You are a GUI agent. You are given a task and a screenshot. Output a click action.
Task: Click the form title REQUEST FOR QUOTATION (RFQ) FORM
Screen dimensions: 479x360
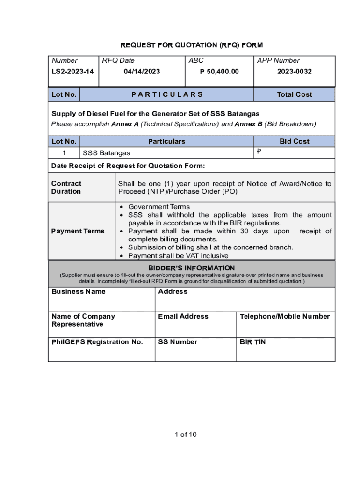pos(192,45)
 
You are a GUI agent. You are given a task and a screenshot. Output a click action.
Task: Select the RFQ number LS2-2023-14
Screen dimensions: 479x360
pos(72,72)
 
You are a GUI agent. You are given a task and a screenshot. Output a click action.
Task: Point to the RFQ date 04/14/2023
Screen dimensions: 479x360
pos(142,72)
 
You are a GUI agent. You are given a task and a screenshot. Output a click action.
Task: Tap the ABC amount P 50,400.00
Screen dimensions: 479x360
pos(219,72)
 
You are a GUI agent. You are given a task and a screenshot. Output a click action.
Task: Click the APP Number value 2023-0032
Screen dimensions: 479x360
pos(294,72)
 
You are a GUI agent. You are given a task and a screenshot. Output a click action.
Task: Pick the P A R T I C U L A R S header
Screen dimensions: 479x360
pos(167,94)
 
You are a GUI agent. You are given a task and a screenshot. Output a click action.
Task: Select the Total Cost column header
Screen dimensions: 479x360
pos(294,94)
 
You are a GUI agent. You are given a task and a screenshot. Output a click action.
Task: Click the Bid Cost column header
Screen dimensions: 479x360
pos(294,141)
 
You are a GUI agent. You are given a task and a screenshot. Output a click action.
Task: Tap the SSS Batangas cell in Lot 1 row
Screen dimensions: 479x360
pos(107,153)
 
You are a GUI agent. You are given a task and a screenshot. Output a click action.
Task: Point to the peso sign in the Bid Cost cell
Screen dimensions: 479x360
pos(259,152)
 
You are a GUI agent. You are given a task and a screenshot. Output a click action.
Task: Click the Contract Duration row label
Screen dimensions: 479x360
pos(66,188)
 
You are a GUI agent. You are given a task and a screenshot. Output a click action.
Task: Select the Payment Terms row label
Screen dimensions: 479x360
pos(78,231)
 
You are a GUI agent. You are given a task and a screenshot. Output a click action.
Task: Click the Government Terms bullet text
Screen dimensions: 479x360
pos(159,207)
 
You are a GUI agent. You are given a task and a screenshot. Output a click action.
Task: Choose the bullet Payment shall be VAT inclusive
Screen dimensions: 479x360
pos(178,256)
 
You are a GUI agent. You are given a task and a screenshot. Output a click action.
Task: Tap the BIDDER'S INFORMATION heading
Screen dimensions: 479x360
pos(191,268)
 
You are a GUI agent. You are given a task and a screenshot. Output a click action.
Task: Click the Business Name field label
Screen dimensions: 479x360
pos(79,292)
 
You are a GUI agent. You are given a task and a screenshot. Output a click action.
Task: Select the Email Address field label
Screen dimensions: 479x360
pos(183,317)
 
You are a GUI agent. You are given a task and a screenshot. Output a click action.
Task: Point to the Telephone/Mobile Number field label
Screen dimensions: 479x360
pos(285,317)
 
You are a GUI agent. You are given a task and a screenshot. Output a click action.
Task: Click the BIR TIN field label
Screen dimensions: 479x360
pos(252,342)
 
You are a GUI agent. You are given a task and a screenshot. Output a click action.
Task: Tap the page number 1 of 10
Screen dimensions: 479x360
pos(186,435)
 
